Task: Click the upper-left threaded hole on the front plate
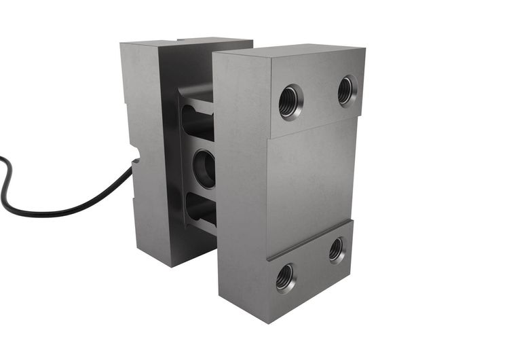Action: [290, 102]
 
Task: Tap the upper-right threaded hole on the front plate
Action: [347, 90]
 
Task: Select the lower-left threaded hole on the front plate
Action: [285, 277]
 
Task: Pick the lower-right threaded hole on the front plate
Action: [337, 250]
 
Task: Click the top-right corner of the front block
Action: [364, 49]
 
